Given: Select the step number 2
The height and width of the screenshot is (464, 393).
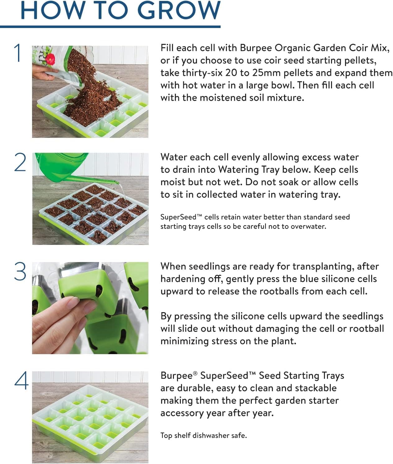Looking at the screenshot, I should point(20,162).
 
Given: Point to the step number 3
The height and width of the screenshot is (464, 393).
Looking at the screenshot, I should point(20,272).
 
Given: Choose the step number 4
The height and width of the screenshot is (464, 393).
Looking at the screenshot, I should point(21,381).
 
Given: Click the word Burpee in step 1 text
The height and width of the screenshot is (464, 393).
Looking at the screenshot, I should point(255,48).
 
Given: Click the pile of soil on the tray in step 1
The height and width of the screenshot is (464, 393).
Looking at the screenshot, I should point(90,100).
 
